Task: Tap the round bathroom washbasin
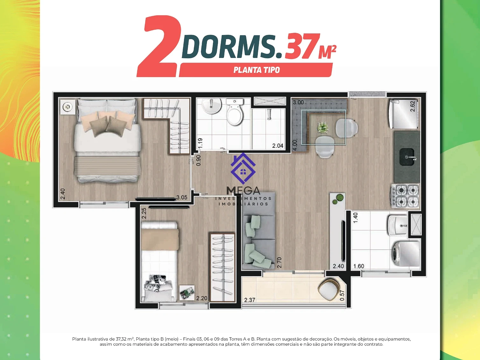click(211, 106)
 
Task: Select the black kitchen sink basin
click(407, 157)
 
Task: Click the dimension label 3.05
click(182, 197)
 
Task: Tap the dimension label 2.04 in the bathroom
click(278, 145)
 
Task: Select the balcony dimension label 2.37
click(250, 300)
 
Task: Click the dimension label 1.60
click(359, 266)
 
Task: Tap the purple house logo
click(243, 168)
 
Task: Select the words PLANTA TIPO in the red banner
click(257, 70)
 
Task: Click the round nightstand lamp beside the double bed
click(67, 107)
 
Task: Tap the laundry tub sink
click(398, 225)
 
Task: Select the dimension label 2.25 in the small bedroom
click(144, 213)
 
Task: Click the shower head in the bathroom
click(269, 114)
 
